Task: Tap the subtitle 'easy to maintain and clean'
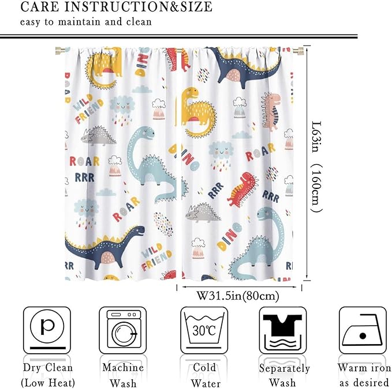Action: pyautogui.click(x=86, y=22)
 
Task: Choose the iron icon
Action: pyautogui.click(x=362, y=330)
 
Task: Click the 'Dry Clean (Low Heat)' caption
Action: pyautogui.click(x=47, y=375)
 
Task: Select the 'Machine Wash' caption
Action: pyautogui.click(x=123, y=375)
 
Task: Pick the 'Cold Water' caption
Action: pyautogui.click(x=204, y=375)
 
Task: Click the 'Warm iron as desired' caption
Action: pyautogui.click(x=364, y=375)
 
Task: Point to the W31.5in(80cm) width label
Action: pyautogui.click(x=238, y=297)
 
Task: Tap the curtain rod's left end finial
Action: pyautogui.click(x=58, y=51)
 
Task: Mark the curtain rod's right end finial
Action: pyautogui.click(x=301, y=51)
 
